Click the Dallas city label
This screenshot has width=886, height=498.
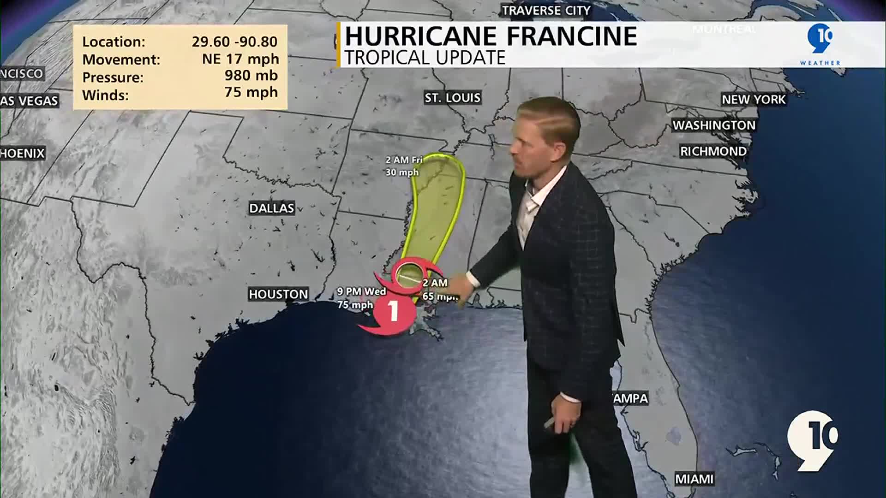click(271, 208)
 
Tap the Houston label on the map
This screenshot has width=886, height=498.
click(278, 294)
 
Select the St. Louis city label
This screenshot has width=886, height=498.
click(452, 98)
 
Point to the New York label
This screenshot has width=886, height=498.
click(754, 100)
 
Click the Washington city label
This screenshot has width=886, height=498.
click(714, 125)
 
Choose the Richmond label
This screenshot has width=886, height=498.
click(713, 151)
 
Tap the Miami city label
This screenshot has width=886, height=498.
click(694, 479)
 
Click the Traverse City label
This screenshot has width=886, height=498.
click(546, 11)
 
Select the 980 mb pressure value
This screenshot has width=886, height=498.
click(251, 75)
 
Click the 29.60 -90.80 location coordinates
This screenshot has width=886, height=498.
click(234, 41)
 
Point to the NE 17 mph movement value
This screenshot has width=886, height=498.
click(240, 59)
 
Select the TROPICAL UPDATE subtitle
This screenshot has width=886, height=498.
click(425, 58)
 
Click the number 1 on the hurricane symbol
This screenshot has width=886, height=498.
click(393, 311)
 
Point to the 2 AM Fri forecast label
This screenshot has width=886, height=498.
click(404, 160)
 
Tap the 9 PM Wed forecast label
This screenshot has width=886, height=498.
click(361, 291)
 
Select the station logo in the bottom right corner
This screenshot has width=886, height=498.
click(812, 440)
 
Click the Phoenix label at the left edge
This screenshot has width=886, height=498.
click(22, 154)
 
